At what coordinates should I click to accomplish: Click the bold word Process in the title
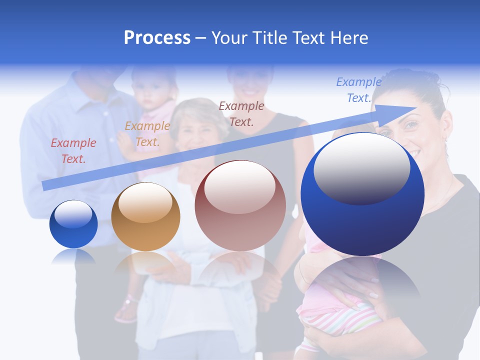[157, 38]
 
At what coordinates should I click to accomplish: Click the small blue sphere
[73, 224]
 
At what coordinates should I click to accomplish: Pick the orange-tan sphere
[145, 216]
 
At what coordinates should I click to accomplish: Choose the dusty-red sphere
[240, 206]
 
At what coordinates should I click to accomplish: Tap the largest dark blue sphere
[362, 195]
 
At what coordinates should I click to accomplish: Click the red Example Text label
[73, 151]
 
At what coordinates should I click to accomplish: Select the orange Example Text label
[147, 134]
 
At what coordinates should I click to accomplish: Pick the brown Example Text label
[241, 113]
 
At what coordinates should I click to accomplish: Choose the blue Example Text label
[358, 90]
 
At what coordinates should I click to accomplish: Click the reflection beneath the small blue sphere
[73, 256]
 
